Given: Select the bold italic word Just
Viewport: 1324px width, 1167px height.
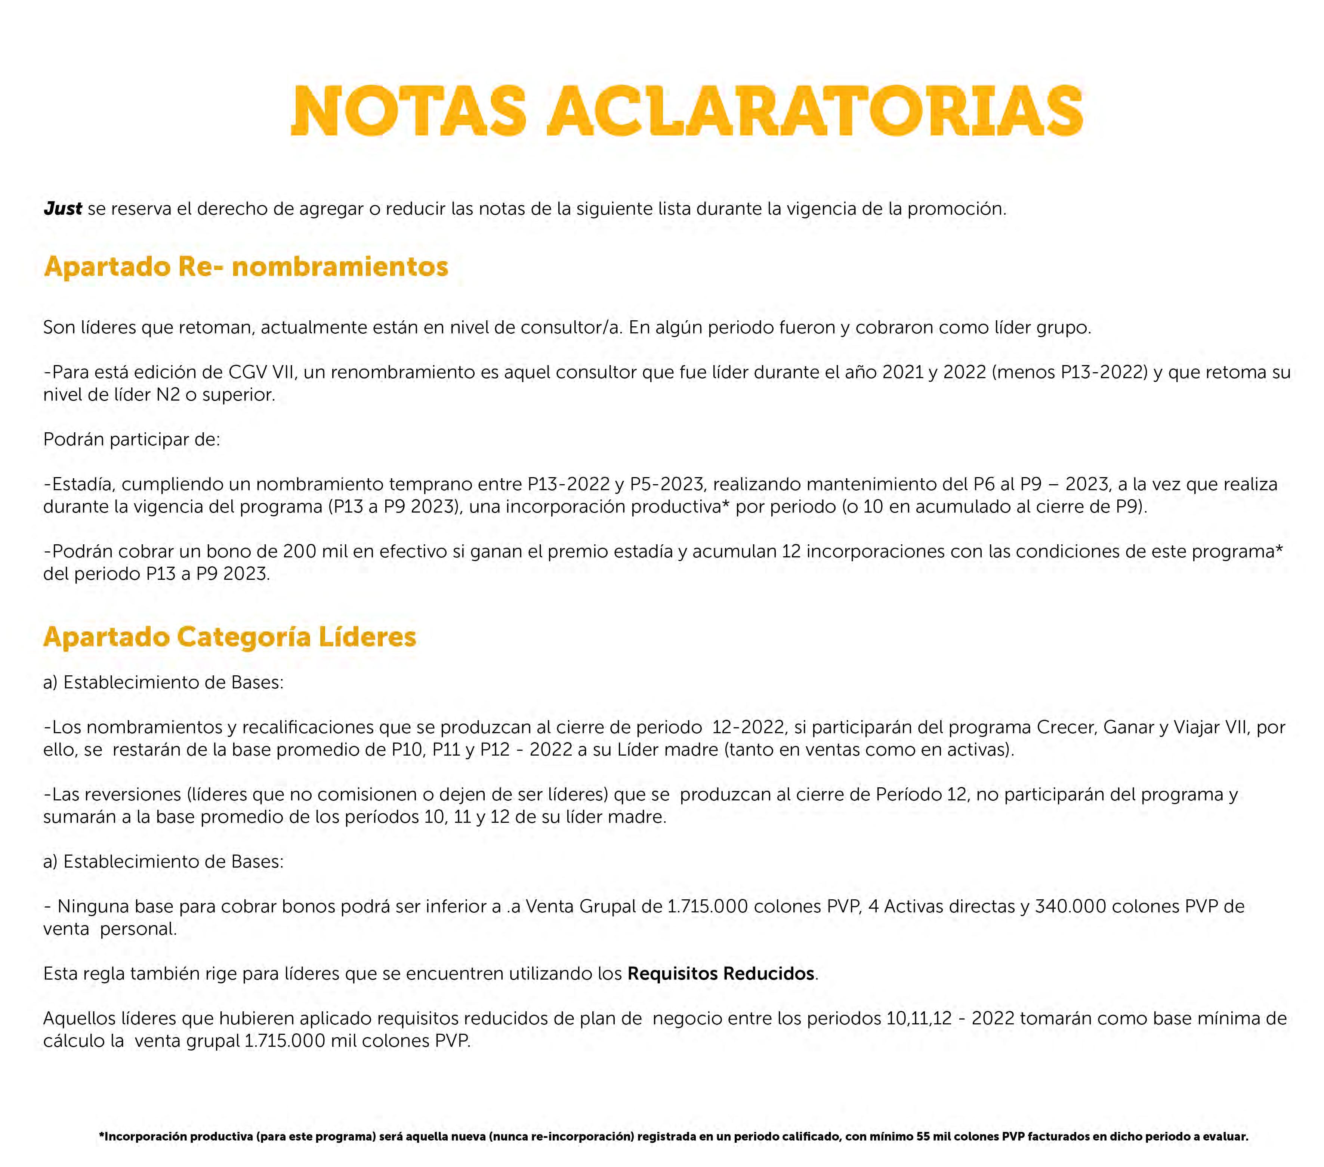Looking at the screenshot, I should tap(63, 208).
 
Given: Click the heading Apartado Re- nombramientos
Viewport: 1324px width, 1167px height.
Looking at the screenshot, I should tap(246, 267).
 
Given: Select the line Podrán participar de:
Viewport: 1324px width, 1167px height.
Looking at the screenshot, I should tap(132, 439).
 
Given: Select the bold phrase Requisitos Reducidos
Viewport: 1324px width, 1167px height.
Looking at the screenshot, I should tap(720, 974).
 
